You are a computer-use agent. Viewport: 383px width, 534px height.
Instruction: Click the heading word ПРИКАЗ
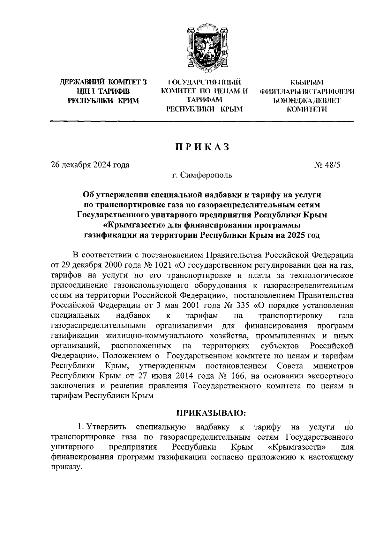pyautogui.click(x=202, y=147)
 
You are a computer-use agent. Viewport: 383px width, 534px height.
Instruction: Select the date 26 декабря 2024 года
pyautogui.click(x=90, y=165)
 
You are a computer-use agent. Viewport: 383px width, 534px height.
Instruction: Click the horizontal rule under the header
pyautogui.click(x=202, y=121)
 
